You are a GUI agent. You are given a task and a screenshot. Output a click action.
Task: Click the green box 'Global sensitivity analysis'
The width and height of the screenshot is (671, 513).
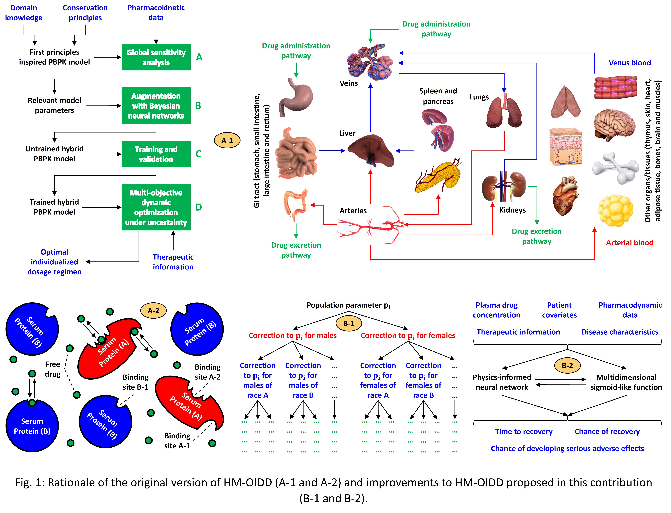coord(156,57)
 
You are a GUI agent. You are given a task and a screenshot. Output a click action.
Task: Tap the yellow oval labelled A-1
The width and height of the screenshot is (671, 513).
coord(227,140)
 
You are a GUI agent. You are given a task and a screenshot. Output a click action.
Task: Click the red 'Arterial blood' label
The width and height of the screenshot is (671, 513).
coord(629,243)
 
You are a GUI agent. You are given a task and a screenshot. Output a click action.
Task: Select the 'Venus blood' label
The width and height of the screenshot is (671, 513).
coord(629,63)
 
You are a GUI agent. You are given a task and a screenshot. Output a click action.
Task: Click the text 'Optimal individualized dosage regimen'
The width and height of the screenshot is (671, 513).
coord(54,262)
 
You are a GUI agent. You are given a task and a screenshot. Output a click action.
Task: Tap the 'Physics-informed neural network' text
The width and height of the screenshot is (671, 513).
coord(502,382)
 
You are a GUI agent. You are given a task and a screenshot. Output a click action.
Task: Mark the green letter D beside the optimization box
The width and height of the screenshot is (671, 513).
coord(199,207)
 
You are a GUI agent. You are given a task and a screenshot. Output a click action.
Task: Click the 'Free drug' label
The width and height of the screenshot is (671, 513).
coord(53,369)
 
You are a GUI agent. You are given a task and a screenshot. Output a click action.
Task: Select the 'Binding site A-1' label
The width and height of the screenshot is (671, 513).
coord(177,441)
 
